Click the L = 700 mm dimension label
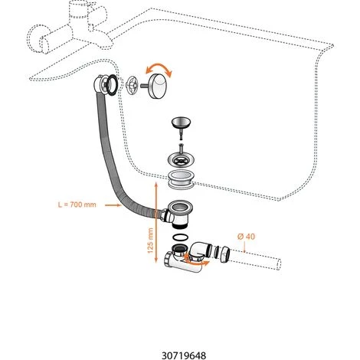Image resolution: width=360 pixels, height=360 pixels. click(x=77, y=205)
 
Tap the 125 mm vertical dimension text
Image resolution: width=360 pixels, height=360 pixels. click(x=150, y=241)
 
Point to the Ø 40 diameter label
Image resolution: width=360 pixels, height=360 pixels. click(x=246, y=237)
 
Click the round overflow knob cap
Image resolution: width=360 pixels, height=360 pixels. click(x=157, y=85)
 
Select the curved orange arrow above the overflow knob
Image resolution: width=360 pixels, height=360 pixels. click(x=159, y=67)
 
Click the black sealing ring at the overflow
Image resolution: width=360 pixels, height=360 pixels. click(x=112, y=85)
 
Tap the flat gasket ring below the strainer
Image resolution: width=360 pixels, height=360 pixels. click(x=181, y=179)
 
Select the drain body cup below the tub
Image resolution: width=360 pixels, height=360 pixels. click(x=177, y=213)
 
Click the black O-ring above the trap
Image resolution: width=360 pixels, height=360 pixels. click(x=181, y=237)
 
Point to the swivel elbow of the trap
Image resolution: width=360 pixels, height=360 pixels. click(x=201, y=251)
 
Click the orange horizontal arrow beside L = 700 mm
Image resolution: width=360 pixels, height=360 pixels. click(x=113, y=205)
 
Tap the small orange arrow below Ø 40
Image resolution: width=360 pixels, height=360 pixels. click(x=244, y=247)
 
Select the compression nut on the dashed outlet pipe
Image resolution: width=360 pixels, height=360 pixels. click(x=224, y=254)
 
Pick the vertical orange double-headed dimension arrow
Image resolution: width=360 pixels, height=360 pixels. click(x=156, y=222)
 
